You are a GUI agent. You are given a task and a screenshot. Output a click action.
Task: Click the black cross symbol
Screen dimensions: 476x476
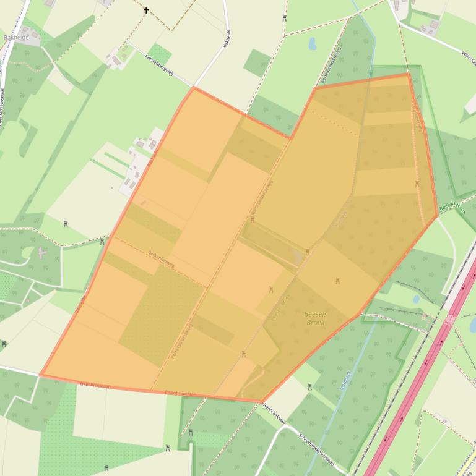pyautogui.click(x=147, y=10)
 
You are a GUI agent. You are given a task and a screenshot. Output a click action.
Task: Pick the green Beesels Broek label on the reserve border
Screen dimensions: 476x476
pyautogui.click(x=452, y=209)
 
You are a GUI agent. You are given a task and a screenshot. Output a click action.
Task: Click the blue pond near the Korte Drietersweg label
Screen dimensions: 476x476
pyautogui.click(x=313, y=44)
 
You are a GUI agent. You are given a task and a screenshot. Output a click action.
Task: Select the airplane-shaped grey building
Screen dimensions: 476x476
pyautogui.click(x=41, y=253)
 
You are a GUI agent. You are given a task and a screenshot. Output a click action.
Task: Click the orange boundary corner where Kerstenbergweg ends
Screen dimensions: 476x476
pyautogui.click(x=194, y=88)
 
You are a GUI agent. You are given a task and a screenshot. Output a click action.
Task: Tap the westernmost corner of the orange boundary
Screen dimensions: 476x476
pyautogui.click(x=41, y=374)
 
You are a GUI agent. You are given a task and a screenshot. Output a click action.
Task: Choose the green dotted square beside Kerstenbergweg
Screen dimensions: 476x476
pyautogui.click(x=160, y=55)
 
